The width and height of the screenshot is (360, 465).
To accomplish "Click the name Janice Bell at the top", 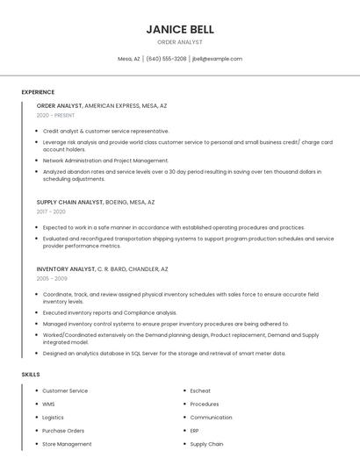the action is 179,29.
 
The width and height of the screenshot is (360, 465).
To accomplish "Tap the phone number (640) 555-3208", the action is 166,59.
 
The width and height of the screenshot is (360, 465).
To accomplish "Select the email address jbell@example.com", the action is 217,59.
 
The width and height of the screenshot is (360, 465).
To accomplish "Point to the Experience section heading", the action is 38,92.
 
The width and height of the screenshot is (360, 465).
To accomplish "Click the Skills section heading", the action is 30,375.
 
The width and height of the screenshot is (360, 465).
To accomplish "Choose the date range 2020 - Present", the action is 55,115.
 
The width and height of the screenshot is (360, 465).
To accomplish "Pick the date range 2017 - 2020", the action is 51,211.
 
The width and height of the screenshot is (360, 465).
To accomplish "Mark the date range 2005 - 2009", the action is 52,278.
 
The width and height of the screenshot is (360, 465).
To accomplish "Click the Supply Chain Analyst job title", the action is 70,202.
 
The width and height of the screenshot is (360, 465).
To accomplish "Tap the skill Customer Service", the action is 65,390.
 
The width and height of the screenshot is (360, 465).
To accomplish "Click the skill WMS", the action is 48,404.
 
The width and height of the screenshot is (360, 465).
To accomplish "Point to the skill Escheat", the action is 200,390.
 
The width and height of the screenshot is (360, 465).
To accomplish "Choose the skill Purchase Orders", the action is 63,431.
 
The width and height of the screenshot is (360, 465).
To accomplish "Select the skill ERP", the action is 195,431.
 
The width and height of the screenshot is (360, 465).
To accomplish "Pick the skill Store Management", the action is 67,444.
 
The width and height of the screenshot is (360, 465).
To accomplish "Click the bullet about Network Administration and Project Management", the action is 105,161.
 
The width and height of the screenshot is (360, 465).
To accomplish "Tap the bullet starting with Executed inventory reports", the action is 110,312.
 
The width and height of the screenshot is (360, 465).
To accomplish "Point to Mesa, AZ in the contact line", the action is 129,59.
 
